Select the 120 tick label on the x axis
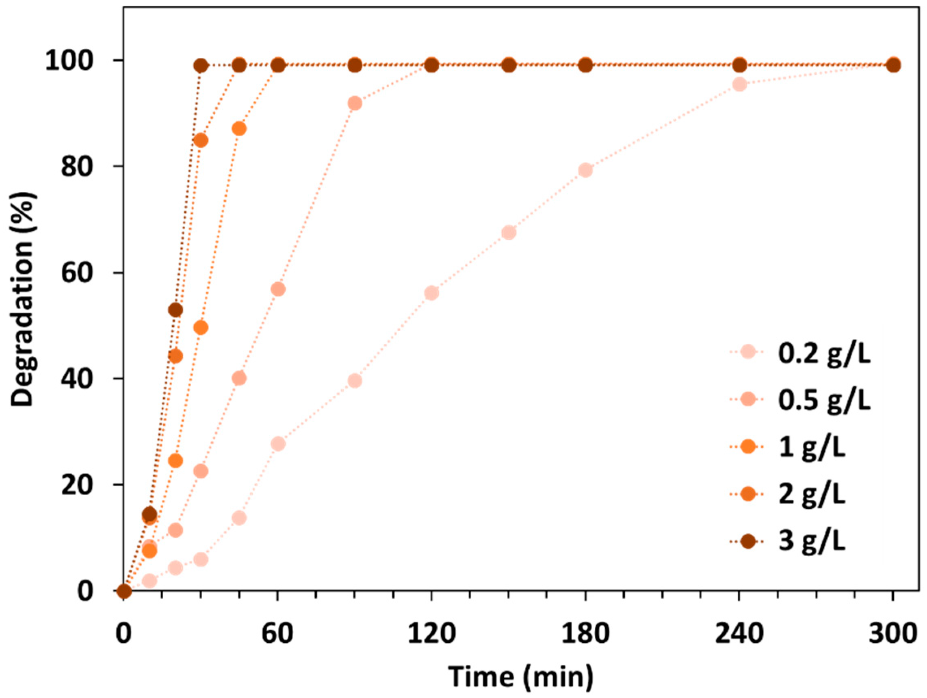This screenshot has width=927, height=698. click(431, 634)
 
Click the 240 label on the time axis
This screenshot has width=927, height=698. click(739, 634)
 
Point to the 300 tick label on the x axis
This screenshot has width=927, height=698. click(893, 634)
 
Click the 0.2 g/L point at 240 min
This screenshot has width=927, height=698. click(740, 84)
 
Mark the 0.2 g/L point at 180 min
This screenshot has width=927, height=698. click(585, 170)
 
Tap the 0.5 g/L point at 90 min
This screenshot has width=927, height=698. click(355, 103)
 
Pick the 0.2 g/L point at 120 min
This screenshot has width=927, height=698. click(431, 293)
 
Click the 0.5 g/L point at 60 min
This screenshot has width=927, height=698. click(278, 289)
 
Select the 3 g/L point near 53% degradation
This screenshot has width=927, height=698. click(175, 310)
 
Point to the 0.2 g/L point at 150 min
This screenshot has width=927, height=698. click(508, 233)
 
